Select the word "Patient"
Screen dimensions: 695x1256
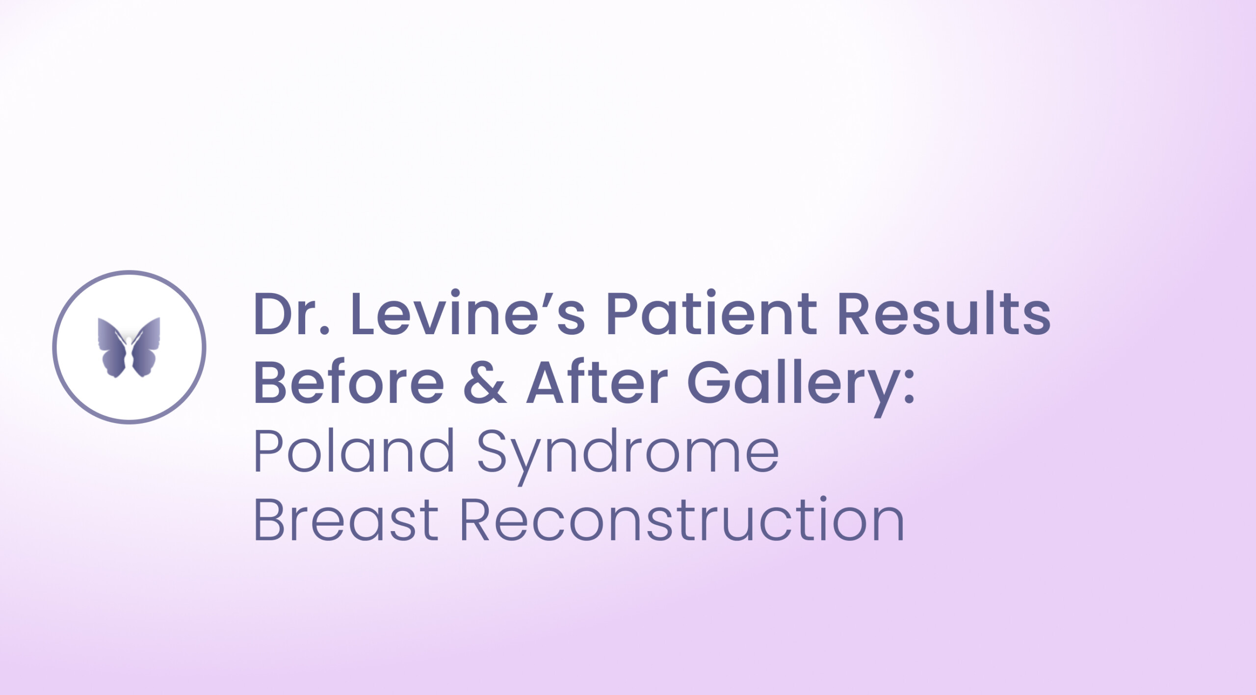(x=711, y=314)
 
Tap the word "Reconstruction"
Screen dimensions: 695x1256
(x=681, y=520)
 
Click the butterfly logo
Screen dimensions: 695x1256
(x=129, y=347)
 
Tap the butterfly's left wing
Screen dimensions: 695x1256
(x=112, y=347)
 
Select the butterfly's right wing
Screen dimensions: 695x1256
(x=146, y=347)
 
